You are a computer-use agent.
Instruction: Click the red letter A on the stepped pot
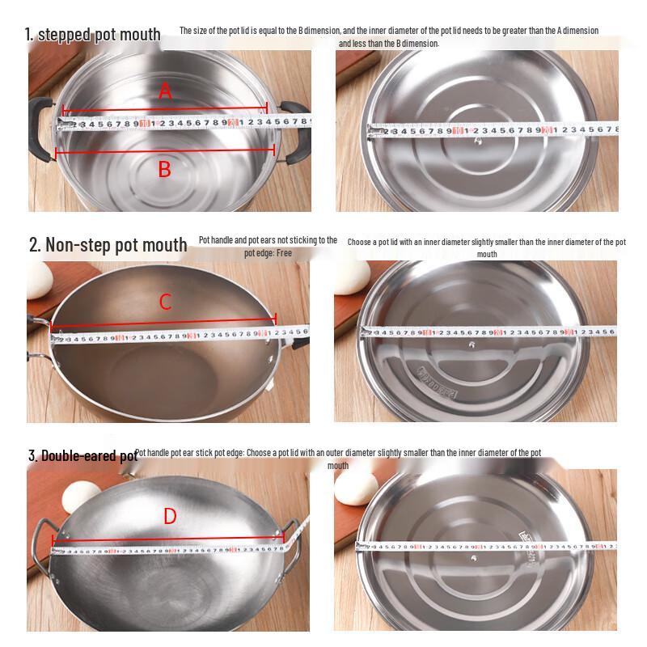click(165, 91)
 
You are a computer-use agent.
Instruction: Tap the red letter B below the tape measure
click(164, 169)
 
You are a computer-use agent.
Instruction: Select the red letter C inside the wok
click(165, 302)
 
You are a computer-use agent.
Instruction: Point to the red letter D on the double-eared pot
click(170, 516)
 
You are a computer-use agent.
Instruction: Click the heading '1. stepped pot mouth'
click(92, 35)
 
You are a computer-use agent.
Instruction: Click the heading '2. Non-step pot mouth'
click(108, 244)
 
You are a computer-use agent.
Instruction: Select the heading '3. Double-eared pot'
click(82, 456)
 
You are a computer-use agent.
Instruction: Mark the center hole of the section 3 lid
click(472, 558)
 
